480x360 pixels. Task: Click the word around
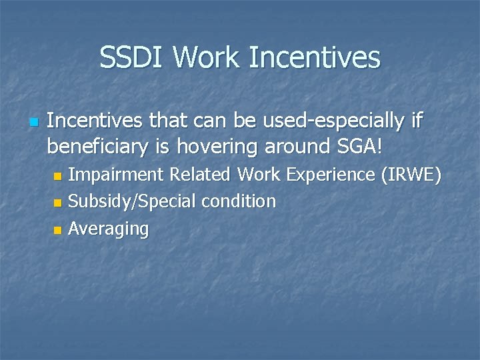click(x=299, y=145)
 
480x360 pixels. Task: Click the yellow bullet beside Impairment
click(x=57, y=176)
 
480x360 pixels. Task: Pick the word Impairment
click(x=117, y=175)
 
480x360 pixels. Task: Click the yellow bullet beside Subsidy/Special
click(x=57, y=203)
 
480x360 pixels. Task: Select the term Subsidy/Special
click(x=125, y=201)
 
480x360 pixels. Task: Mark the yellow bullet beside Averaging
click(x=57, y=230)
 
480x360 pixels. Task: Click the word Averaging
click(x=109, y=229)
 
